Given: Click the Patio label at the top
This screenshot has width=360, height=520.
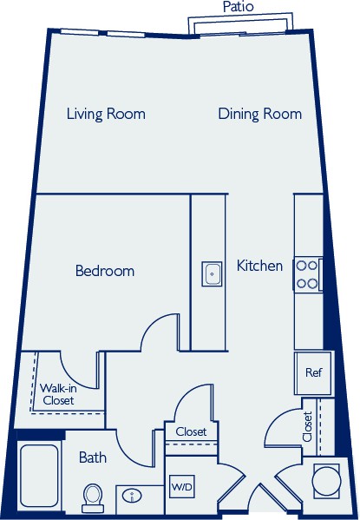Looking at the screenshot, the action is click(x=238, y=7).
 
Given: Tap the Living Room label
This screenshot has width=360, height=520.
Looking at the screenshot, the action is click(x=106, y=114).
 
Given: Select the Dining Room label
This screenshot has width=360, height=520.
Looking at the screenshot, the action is click(x=260, y=114).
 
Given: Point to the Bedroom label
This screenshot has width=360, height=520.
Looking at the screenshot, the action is click(x=105, y=271).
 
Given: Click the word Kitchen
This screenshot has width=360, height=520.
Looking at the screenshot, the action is click(x=259, y=266).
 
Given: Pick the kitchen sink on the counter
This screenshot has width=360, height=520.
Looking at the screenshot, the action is click(x=212, y=274).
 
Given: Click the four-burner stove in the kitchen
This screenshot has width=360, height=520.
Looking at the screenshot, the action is click(x=307, y=274).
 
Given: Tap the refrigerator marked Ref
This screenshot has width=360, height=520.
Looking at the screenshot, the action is click(x=314, y=372).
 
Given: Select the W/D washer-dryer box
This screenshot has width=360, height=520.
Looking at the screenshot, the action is click(x=181, y=486).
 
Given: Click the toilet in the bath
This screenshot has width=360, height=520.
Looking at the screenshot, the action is click(x=93, y=498).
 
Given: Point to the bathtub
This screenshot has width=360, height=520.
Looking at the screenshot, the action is click(x=39, y=476).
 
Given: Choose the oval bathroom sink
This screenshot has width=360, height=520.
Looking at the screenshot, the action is click(x=132, y=496).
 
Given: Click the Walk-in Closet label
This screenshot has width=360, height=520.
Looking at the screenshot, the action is click(x=58, y=394).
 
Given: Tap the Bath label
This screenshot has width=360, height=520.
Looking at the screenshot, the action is click(x=93, y=457).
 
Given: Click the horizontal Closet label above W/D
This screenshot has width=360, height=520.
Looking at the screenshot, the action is click(x=191, y=431).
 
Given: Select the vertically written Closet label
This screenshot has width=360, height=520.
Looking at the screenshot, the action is click(x=307, y=426).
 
